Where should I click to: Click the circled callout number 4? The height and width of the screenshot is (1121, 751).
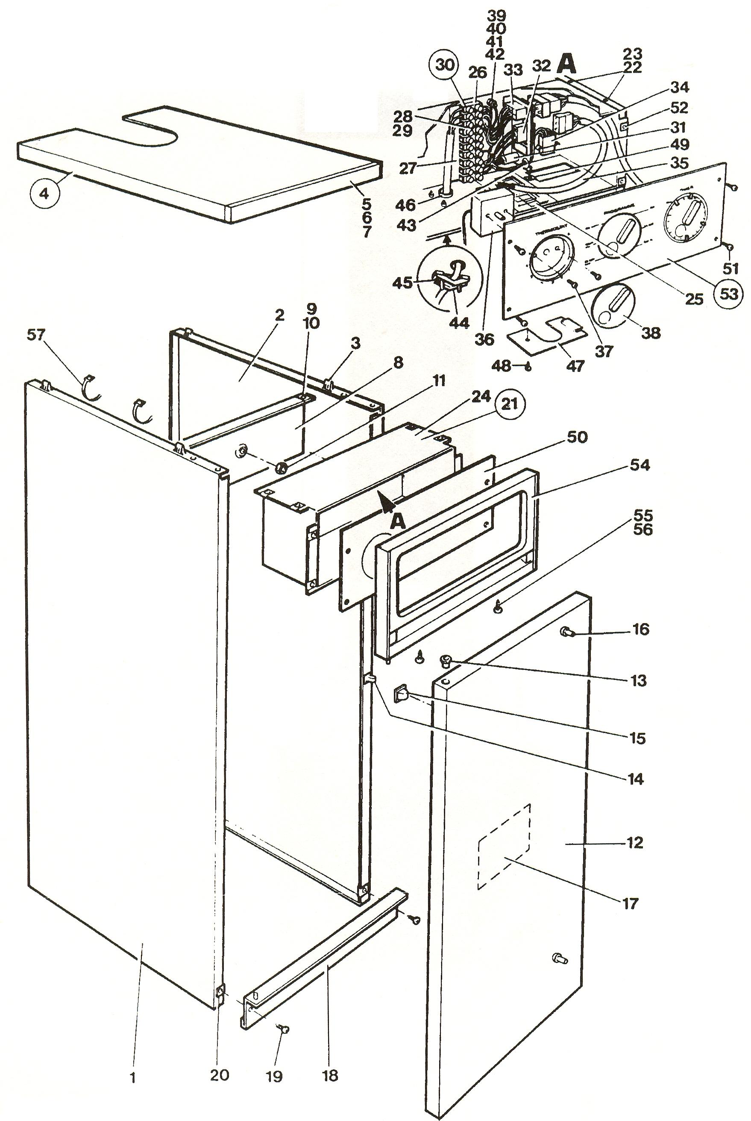pyautogui.click(x=44, y=196)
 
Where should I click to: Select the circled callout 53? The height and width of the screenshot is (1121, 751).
pyautogui.click(x=728, y=293)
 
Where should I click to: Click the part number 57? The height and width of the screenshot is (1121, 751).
pyautogui.click(x=36, y=335)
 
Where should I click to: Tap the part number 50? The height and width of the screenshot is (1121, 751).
pyautogui.click(x=577, y=437)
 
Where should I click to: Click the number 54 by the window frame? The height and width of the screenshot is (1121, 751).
pyautogui.click(x=640, y=465)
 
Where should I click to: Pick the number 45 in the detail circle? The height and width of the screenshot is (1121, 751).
pyautogui.click(x=402, y=282)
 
